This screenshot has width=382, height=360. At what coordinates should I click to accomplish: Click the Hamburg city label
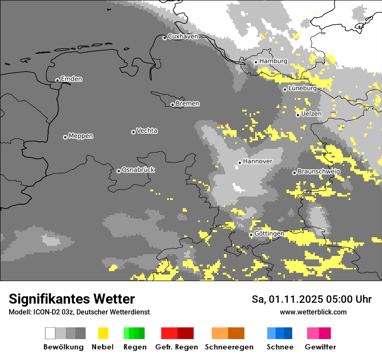pyautogui.click(x=273, y=61)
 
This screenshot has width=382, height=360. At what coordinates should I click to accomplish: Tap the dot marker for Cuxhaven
pyautogui.click(x=165, y=38)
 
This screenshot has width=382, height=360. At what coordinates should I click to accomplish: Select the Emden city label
pyautogui.click(x=71, y=79)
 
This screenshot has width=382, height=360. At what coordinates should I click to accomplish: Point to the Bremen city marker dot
pyautogui.click(x=172, y=105)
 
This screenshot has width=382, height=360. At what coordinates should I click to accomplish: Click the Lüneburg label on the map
pyautogui.click(x=302, y=88)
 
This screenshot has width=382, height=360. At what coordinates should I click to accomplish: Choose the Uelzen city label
pyautogui.click(x=311, y=114)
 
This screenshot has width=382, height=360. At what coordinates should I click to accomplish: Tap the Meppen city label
pyautogui.click(x=81, y=136)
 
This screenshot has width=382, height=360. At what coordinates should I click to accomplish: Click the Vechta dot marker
pyautogui.click(x=133, y=132)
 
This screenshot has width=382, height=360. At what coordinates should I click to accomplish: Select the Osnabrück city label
pyautogui.click(x=138, y=170)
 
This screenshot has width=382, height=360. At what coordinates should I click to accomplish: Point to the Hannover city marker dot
pyautogui.click(x=240, y=163)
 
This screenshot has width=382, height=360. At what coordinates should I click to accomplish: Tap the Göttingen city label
pyautogui.click(x=269, y=234)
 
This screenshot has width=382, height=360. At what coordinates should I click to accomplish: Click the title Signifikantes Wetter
pyautogui.click(x=72, y=299)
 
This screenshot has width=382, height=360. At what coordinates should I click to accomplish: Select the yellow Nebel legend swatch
pyautogui.click(x=103, y=333)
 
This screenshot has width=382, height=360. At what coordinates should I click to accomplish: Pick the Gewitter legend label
pyautogui.click(x=320, y=347)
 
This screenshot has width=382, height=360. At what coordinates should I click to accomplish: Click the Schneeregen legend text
pyautogui.click(x=229, y=347)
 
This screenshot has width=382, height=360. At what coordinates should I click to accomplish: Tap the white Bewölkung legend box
pyautogui.click(x=50, y=333)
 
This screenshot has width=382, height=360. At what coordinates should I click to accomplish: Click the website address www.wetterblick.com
pyautogui.click(x=313, y=312)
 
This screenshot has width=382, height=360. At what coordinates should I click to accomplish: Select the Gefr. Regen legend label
pyautogui.click(x=177, y=347)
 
